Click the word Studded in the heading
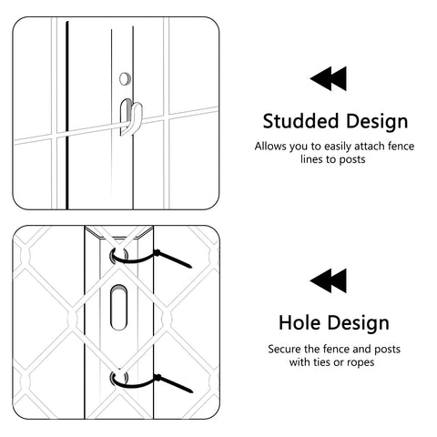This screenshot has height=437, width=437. tap(300, 121)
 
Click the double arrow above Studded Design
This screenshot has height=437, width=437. tap(328, 78)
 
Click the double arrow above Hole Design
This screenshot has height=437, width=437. tap(328, 280)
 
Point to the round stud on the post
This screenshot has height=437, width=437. tap(125, 78)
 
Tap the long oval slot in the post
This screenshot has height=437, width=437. tap(118, 307)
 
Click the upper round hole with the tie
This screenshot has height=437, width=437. tap(119, 256)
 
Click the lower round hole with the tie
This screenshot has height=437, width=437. tap(119, 378)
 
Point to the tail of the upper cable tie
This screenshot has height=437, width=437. tap(174, 259)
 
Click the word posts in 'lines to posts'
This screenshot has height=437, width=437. tap(352, 159)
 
